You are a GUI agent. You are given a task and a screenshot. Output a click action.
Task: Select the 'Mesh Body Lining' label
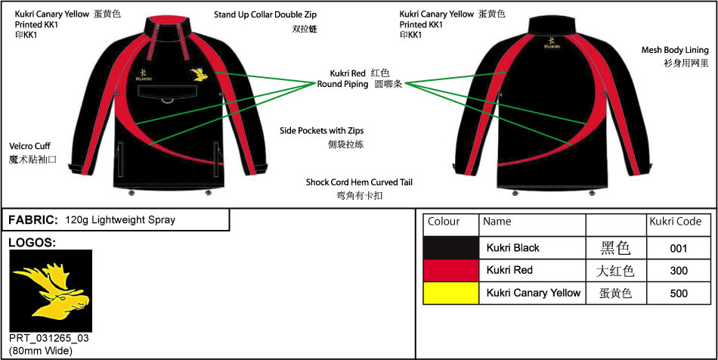676,50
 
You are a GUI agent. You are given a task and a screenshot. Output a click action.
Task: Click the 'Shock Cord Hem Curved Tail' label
359,182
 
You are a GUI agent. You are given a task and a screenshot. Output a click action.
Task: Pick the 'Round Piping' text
342,84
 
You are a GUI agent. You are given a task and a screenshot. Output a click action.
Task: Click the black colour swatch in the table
451,248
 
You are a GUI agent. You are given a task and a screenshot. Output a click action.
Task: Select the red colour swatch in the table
451,271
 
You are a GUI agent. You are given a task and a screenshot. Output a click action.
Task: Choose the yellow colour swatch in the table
451,293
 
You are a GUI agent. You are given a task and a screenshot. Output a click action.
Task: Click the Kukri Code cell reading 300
678,271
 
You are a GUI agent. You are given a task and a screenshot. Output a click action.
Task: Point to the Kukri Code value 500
678,293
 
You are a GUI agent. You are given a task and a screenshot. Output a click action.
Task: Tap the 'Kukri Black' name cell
513,248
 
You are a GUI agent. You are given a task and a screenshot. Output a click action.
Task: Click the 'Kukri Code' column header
675,222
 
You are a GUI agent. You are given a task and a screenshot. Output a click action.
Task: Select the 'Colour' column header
444,222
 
